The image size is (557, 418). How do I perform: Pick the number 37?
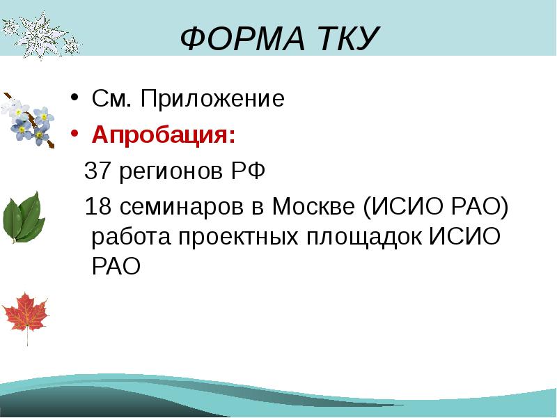(99, 170)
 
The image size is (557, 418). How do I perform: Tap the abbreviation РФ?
(249, 170)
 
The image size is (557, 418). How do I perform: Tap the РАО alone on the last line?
(116, 266)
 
